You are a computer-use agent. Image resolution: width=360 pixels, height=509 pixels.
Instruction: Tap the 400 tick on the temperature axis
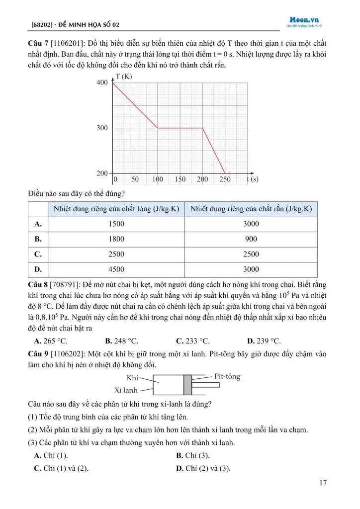click(101, 83)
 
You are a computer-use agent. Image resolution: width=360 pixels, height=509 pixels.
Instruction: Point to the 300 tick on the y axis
click(101, 128)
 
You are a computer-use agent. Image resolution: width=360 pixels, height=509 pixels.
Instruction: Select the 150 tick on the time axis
click(180, 179)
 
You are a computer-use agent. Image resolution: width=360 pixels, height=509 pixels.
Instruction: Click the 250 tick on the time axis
click(225, 179)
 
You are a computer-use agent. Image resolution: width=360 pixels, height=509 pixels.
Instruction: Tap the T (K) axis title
click(123, 76)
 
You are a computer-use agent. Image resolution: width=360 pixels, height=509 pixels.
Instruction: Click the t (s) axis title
click(253, 179)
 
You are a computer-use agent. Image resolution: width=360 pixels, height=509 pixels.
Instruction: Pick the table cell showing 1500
click(116, 224)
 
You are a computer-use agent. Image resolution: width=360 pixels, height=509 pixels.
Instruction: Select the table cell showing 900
click(251, 239)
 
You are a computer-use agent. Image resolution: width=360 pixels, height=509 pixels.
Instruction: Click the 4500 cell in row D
click(116, 269)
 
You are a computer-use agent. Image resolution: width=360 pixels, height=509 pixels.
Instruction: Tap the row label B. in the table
click(38, 239)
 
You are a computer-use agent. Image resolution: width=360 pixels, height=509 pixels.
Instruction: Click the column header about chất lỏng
click(116, 208)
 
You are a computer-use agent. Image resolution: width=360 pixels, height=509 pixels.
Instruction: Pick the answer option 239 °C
click(268, 341)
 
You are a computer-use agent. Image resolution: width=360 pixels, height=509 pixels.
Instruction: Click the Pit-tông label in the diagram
click(227, 376)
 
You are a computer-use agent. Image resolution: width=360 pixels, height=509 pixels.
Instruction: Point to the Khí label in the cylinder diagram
click(132, 378)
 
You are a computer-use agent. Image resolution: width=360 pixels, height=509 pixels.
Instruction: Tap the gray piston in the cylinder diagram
click(187, 385)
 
